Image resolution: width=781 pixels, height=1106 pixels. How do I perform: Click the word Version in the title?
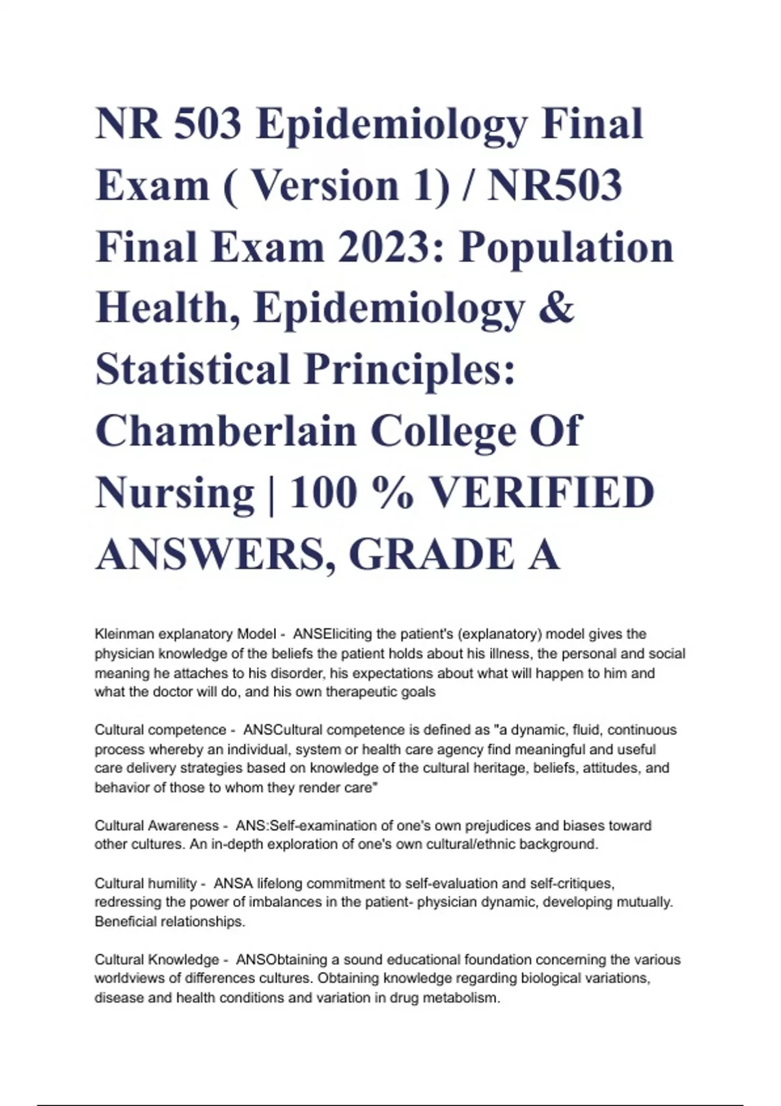[x=323, y=185]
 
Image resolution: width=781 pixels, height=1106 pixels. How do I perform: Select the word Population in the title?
[x=566, y=247]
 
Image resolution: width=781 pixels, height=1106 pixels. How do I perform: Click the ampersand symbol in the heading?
[x=557, y=308]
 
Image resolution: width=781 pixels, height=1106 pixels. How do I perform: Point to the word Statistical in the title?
[x=193, y=369]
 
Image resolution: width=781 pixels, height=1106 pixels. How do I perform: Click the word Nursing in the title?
[x=174, y=492]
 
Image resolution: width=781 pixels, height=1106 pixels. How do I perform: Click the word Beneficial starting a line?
[x=125, y=921]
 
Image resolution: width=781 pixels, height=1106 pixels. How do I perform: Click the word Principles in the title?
[x=410, y=369]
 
